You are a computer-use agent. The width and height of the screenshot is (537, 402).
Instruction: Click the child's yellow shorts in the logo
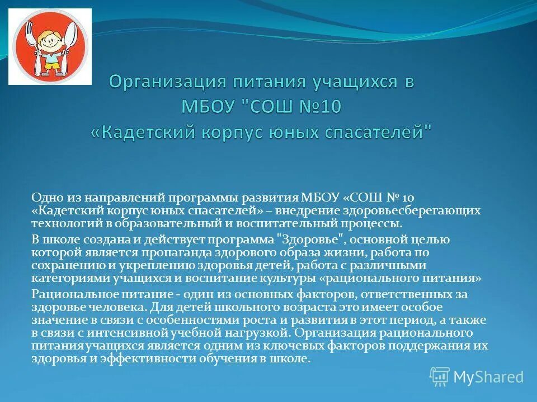point(51,66)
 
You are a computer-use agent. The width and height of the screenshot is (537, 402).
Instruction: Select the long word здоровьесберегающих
point(420,210)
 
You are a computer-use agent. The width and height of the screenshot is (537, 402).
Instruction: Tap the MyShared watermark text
point(488,377)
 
